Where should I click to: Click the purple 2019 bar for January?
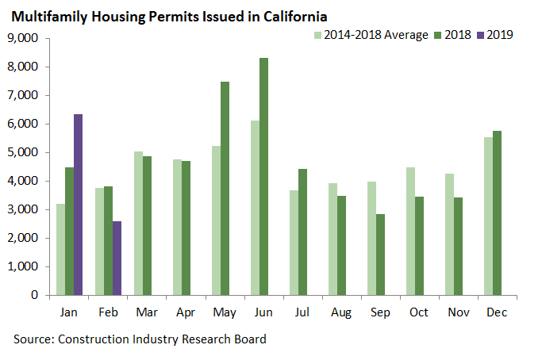click(78, 205)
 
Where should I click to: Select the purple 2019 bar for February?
click(117, 258)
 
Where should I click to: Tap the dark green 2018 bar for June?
click(263, 176)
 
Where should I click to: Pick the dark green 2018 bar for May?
click(225, 188)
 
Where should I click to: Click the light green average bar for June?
click(254, 208)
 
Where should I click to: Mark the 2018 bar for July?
click(302, 232)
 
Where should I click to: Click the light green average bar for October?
click(409, 231)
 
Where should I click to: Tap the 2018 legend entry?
click(453, 35)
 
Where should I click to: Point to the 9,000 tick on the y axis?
click(23, 38)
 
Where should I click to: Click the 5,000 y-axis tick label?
click(23, 152)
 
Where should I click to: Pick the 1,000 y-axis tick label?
click(23, 266)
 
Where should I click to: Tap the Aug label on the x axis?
click(341, 312)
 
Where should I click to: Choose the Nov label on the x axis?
click(458, 312)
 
